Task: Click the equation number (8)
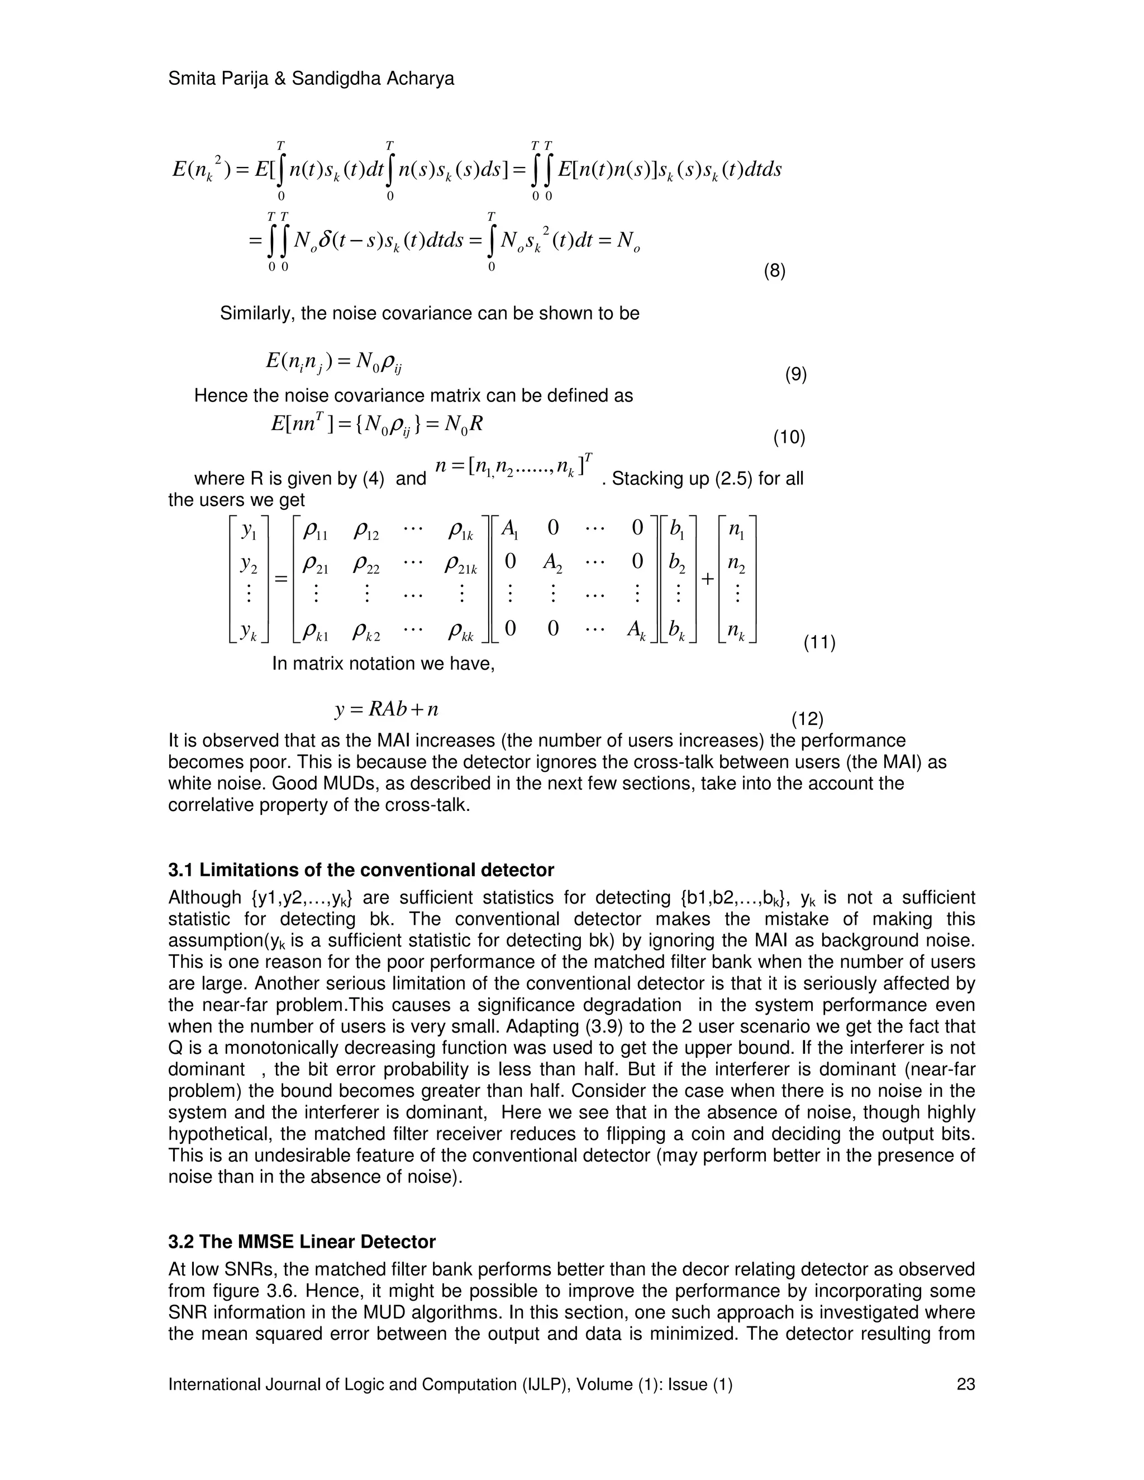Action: tap(774, 272)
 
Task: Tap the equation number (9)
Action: tap(795, 374)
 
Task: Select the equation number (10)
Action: tap(789, 438)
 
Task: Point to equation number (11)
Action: tap(819, 642)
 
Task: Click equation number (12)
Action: tap(807, 718)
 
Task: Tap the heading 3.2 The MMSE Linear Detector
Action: tap(302, 1242)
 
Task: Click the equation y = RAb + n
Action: tap(387, 709)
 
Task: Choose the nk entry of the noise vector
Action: tap(736, 632)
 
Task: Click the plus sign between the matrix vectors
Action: tap(708, 579)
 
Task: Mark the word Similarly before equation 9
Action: tap(257, 314)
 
